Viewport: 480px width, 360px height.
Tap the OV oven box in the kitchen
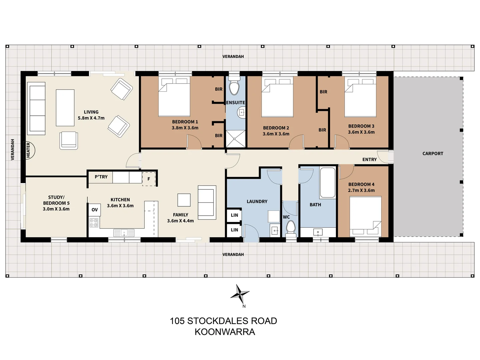pos(95,210)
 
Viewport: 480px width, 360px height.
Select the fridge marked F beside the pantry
pos(149,179)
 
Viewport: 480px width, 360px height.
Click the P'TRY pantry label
pos(101,177)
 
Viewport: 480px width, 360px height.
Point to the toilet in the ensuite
pos(235,87)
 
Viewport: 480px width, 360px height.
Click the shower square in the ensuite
pos(235,139)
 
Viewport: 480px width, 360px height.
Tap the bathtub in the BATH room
pos(327,183)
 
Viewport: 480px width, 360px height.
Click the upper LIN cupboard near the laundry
pos(234,215)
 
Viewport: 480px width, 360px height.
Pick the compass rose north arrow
pos(240,294)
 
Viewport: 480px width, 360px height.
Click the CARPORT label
pos(433,154)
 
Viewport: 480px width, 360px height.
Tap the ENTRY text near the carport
pos(369,160)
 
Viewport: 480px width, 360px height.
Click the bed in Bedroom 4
pos(365,216)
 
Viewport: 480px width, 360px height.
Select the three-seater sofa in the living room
pos(37,109)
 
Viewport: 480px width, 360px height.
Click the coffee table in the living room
pos(65,107)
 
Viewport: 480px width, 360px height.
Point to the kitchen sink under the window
pos(124,232)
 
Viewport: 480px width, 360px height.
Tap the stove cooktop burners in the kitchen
pos(94,223)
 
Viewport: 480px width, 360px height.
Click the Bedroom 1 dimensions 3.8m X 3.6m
pos(185,128)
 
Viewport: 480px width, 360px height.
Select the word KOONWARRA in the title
pos(225,332)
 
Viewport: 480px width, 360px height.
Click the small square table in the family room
pos(184,200)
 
